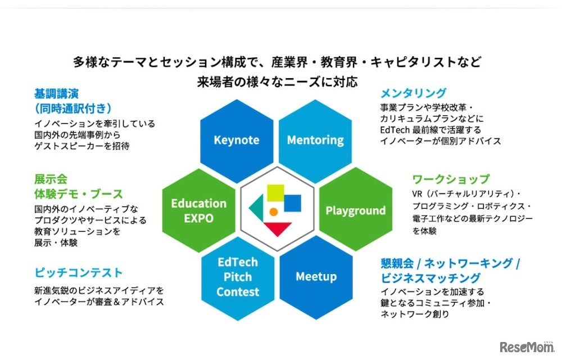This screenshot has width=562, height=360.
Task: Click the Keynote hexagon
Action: point(236,139)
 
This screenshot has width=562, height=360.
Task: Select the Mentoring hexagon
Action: point(315,139)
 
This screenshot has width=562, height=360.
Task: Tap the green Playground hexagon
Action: point(355,210)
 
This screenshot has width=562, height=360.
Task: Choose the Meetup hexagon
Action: point(316,277)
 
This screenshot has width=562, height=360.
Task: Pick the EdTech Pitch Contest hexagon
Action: point(238,277)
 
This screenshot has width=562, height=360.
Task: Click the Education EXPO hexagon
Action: point(198,210)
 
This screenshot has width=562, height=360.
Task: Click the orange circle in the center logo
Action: point(274,212)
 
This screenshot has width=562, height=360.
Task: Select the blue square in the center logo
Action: point(292,203)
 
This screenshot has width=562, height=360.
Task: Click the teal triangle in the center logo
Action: point(256,209)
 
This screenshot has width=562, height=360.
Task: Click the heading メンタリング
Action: point(413,93)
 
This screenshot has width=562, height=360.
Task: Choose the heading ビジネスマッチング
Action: point(430,278)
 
